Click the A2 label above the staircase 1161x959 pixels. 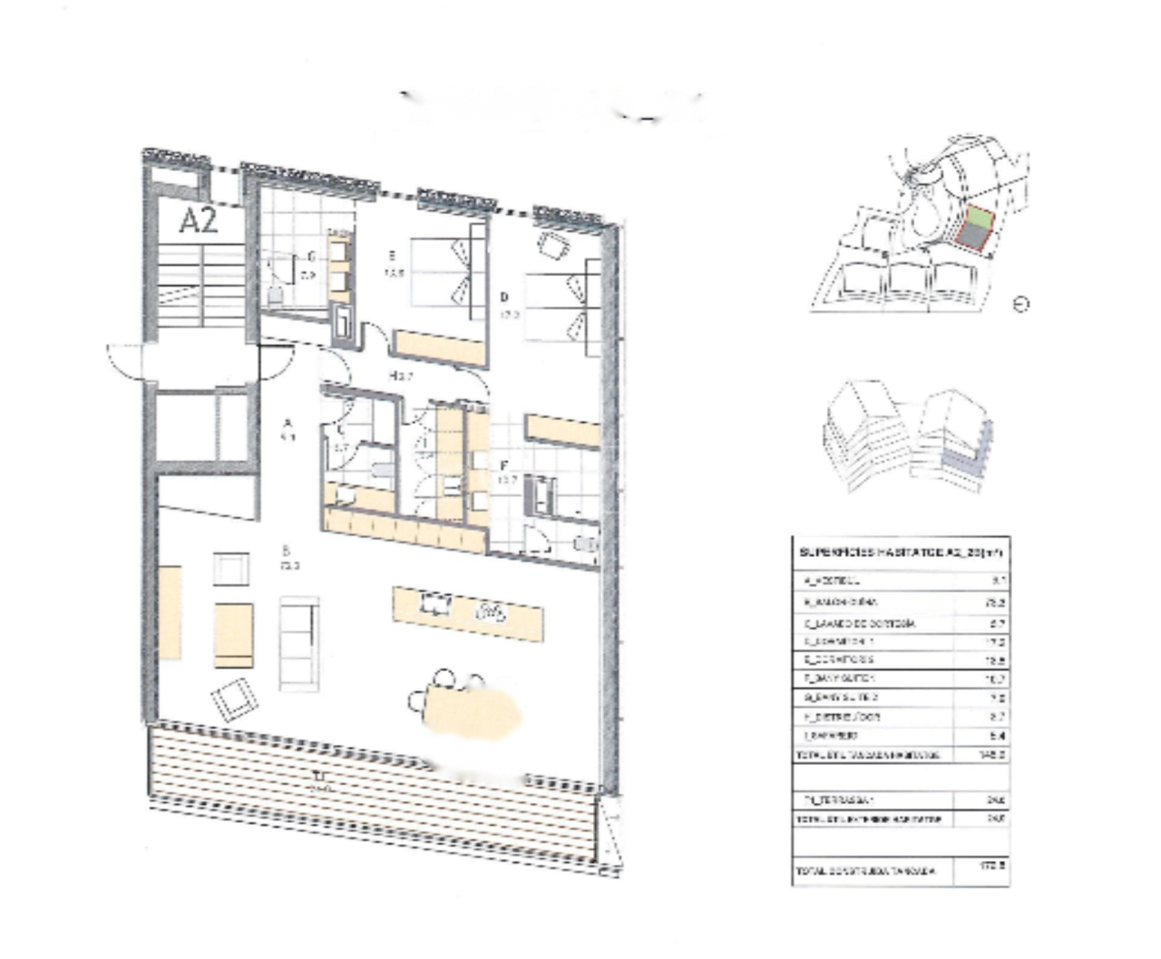198,220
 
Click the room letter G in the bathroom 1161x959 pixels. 312,257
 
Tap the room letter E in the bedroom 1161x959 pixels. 393,256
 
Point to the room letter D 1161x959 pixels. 504,297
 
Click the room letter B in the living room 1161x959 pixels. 287,550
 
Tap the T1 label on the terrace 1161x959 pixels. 317,777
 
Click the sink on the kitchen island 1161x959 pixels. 436,603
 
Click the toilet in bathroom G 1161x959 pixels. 274,293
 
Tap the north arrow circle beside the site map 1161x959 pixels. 1021,304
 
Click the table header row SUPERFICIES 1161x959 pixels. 901,552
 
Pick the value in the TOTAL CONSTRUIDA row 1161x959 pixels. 994,866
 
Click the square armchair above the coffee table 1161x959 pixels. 230,569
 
